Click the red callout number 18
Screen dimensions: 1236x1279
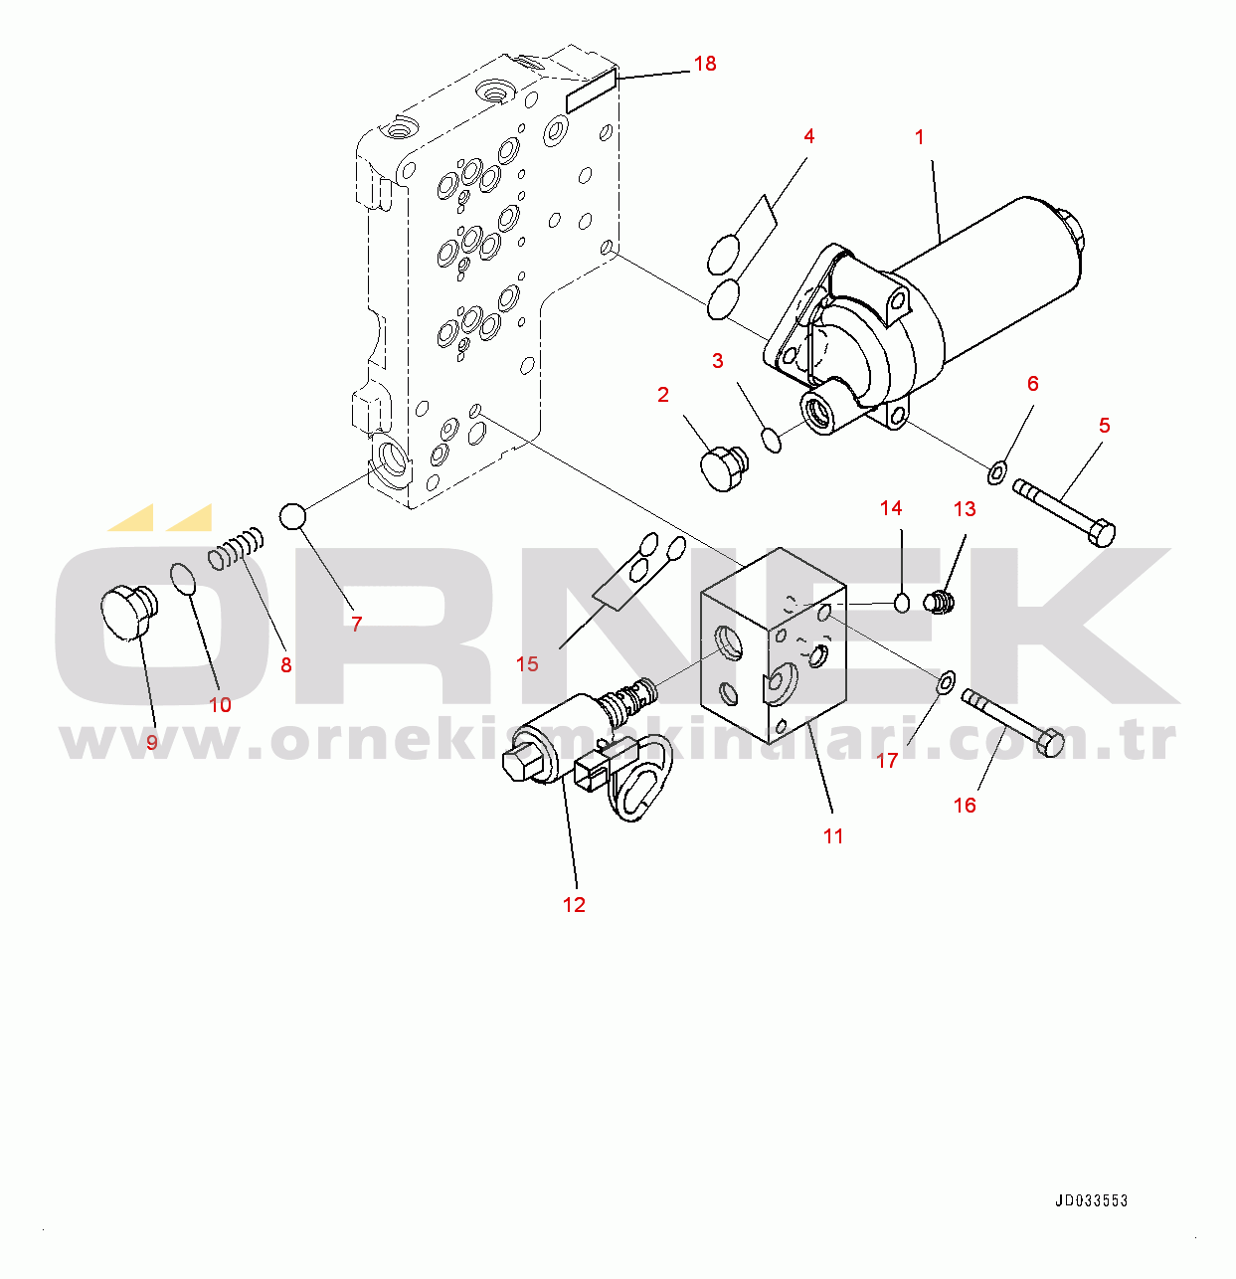[705, 64]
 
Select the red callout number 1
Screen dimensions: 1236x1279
[919, 137]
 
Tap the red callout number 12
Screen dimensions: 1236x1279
[574, 905]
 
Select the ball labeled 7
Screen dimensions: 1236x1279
[292, 516]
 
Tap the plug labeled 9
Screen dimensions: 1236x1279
[128, 612]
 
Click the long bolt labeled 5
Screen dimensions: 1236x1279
[1064, 512]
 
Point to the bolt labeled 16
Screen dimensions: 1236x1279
[1012, 722]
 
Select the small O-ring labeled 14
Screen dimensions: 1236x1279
[902, 603]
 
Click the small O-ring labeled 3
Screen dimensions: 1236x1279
[772, 440]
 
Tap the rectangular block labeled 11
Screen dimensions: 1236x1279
[774, 645]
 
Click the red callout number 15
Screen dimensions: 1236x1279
[527, 664]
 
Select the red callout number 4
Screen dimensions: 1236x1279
[808, 136]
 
